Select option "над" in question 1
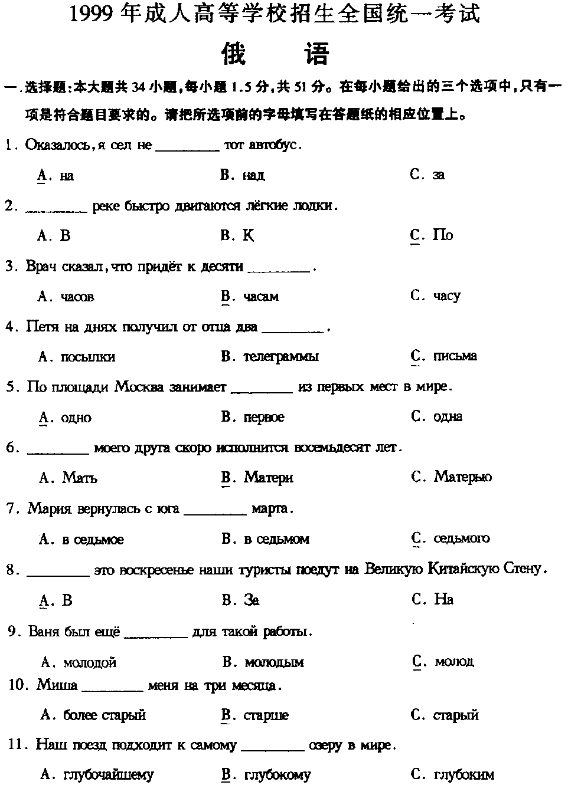click(253, 175)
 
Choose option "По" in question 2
click(442, 235)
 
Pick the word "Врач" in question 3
click(40, 267)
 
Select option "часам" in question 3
click(260, 296)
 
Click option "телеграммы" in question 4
click(280, 356)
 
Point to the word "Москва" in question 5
click(139, 387)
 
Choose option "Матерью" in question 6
click(462, 477)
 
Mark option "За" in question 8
click(251, 600)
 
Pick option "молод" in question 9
click(454, 662)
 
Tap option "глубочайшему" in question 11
click(108, 775)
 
